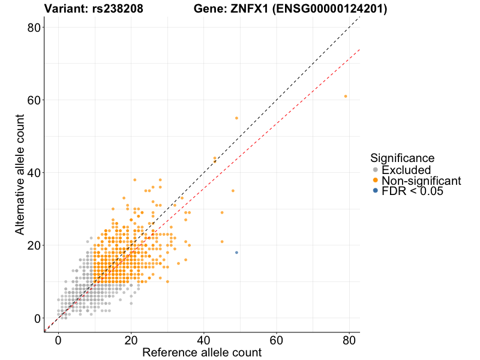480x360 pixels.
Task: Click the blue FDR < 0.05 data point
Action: coord(236,253)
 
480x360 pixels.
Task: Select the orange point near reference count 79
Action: coord(346,96)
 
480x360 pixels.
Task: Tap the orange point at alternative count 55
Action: coord(236,118)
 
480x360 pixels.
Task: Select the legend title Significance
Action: coord(402,158)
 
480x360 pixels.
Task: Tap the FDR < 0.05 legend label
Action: coord(412,191)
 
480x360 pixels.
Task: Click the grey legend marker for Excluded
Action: coord(376,170)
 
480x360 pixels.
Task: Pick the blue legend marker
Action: coord(376,191)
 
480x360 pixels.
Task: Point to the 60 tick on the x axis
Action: coord(277,340)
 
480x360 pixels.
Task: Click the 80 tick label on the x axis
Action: coord(349,340)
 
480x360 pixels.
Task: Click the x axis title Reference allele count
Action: coord(202,352)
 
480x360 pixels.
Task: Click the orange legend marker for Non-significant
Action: coord(376,181)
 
